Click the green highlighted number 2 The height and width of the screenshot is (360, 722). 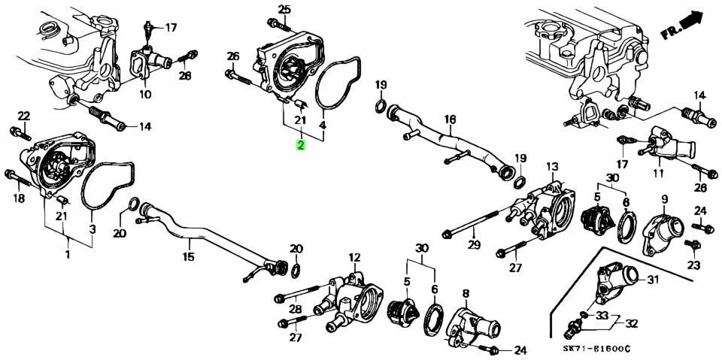pos(301,145)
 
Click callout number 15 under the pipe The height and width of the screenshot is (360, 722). pos(188,256)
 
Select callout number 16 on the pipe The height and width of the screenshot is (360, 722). pos(450,119)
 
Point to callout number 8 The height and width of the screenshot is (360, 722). pos(466,293)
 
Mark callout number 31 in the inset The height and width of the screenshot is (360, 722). pos(653,281)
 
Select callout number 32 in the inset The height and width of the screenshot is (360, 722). pos(630,324)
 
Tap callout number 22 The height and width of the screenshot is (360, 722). pos(23,116)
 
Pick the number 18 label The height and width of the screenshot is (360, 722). pos(19,198)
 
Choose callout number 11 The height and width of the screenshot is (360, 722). pos(658,174)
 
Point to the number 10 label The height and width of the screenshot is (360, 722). pos(145,95)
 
